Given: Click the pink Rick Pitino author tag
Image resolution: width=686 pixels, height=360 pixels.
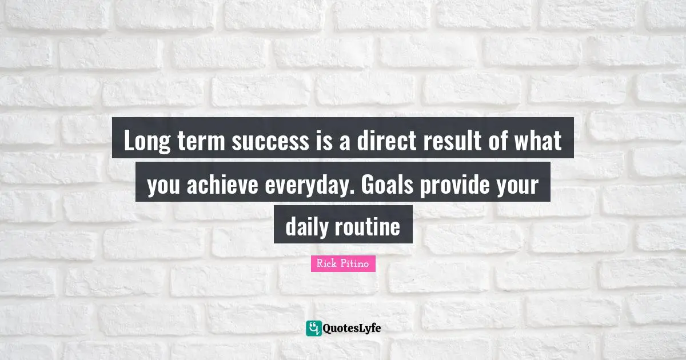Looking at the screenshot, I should click(x=343, y=263).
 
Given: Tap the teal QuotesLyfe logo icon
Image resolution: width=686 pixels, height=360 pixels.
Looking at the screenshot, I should click(x=313, y=328).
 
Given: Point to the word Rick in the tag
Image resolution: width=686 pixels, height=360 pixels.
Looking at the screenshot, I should click(x=326, y=263).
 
